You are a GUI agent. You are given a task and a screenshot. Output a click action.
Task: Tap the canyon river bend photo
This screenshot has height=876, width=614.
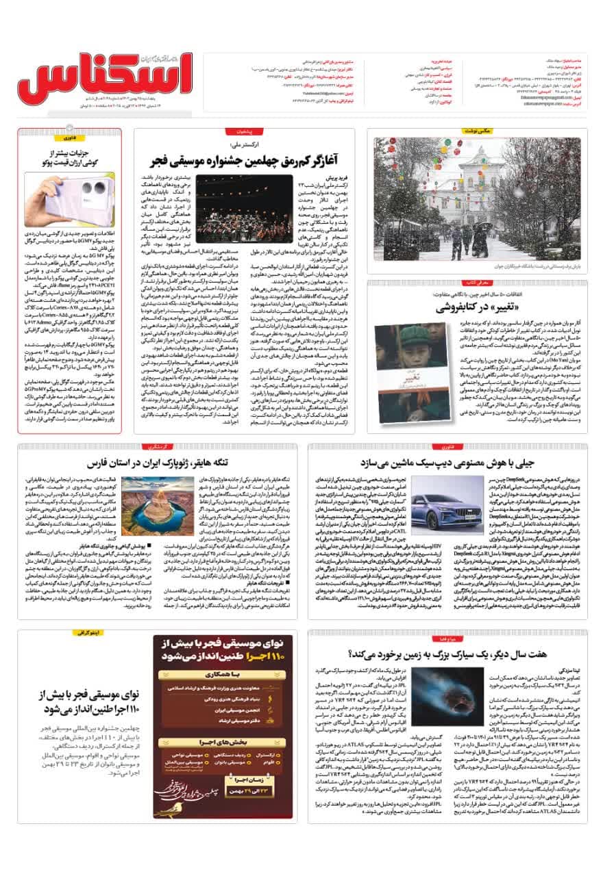coord(149,506)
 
